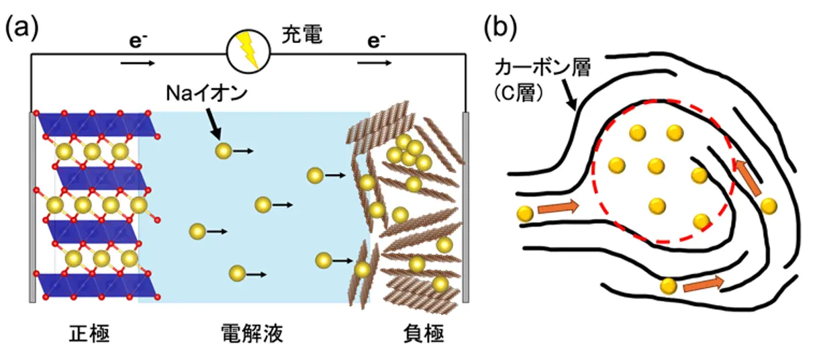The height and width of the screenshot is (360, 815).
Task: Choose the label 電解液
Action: click(251, 334)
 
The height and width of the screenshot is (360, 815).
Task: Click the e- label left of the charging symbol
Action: click(134, 42)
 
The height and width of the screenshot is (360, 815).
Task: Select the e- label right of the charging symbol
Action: click(376, 42)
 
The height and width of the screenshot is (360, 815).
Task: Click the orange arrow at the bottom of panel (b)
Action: click(704, 284)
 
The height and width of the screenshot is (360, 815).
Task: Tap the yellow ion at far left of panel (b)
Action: click(525, 214)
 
